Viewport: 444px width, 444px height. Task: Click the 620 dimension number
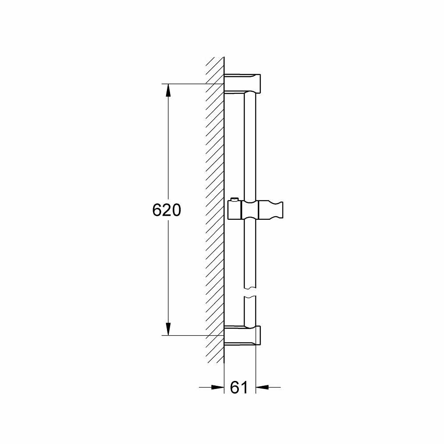tap(166, 210)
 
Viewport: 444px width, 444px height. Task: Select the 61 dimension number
tap(239, 388)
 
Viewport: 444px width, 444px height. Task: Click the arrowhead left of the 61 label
tap(218, 388)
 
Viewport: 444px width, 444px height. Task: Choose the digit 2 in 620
tap(166, 210)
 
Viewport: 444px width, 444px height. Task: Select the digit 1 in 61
tap(244, 388)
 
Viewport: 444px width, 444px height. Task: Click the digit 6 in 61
tap(235, 388)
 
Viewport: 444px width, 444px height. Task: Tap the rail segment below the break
tap(250, 311)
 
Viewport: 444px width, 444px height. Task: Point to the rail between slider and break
tap(250, 253)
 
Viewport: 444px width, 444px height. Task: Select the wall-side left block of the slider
tap(234, 210)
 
